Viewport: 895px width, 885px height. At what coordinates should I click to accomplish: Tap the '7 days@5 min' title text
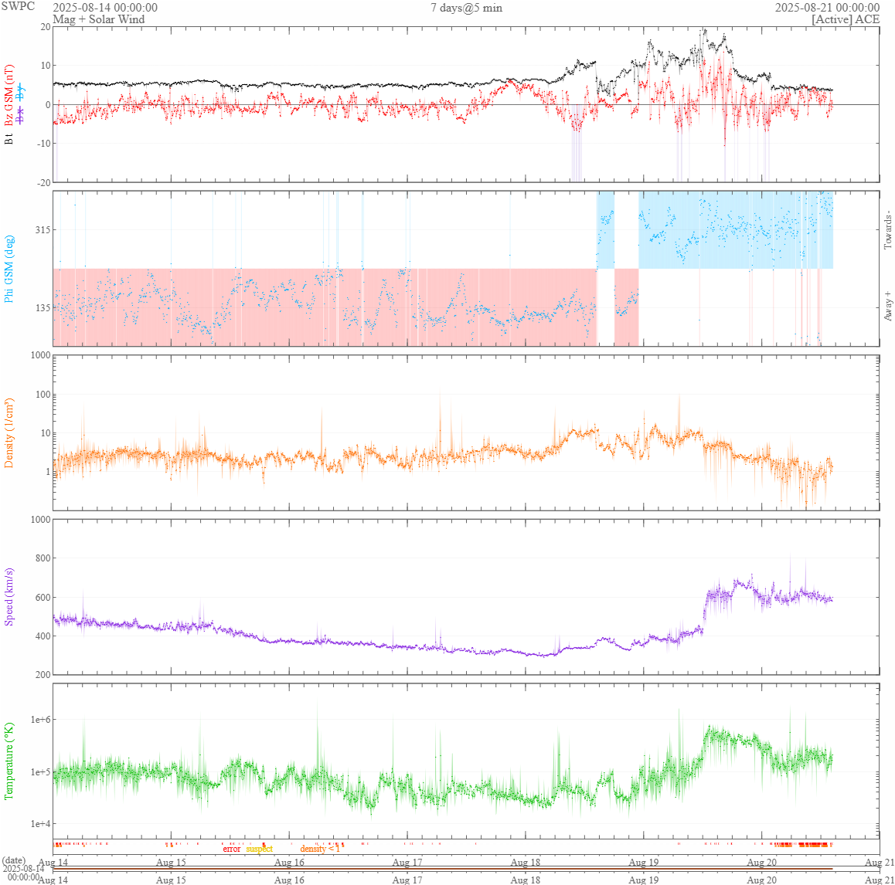pyautogui.click(x=466, y=8)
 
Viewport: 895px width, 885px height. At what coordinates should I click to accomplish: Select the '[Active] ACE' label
pyautogui.click(x=846, y=19)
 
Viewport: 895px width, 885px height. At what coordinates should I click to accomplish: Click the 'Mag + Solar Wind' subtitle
pyautogui.click(x=98, y=19)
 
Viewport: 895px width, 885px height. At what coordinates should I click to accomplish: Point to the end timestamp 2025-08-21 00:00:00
pyautogui.click(x=827, y=8)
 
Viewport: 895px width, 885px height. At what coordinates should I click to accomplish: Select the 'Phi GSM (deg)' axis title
pyautogui.click(x=9, y=269)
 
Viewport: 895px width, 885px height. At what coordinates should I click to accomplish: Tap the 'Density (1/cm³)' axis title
pyautogui.click(x=9, y=432)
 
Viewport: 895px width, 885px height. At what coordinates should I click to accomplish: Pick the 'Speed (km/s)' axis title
pyautogui.click(x=9, y=596)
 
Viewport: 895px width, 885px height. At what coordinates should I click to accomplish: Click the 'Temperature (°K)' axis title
pyautogui.click(x=9, y=761)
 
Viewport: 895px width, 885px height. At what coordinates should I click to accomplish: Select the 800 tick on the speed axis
pyautogui.click(x=41, y=558)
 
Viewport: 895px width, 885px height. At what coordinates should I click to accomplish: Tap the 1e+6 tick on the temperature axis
pyautogui.click(x=39, y=720)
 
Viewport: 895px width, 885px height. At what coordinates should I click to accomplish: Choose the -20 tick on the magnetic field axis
pyautogui.click(x=43, y=183)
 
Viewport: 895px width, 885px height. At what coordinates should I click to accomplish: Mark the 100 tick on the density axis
pyautogui.click(x=41, y=395)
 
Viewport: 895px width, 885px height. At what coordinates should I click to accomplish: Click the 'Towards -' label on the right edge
pyautogui.click(x=887, y=229)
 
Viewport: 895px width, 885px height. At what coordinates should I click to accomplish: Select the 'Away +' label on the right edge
pyautogui.click(x=887, y=307)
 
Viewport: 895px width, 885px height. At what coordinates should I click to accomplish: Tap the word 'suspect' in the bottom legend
pyautogui.click(x=259, y=849)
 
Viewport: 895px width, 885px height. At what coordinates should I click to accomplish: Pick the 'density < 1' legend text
pyautogui.click(x=320, y=849)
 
